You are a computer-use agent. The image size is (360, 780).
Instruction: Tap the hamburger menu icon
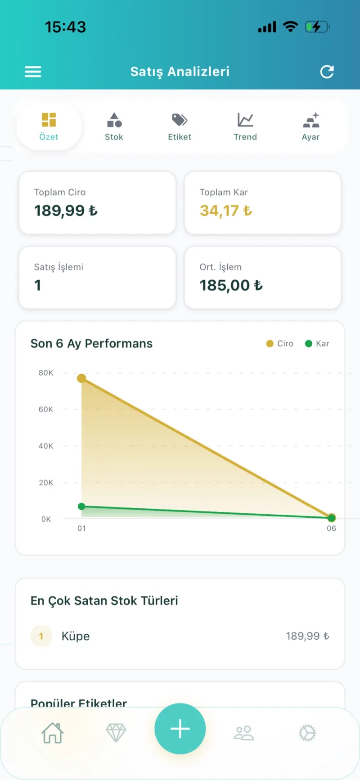point(33,72)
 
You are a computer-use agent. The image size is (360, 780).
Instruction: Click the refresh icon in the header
point(327,72)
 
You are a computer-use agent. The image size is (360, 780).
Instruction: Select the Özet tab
point(49,127)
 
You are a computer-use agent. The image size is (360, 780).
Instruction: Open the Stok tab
point(114,127)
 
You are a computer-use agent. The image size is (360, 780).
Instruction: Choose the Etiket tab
point(180,127)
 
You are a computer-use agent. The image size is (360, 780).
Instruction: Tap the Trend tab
point(245,127)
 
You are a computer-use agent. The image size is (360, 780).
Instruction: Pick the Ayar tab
point(311,127)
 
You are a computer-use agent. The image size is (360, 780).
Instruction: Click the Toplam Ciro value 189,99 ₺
point(66,211)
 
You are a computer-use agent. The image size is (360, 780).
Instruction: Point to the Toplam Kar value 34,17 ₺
point(226,211)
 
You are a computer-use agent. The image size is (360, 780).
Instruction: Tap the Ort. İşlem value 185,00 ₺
point(231,285)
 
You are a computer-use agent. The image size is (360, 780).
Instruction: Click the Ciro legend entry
point(280,344)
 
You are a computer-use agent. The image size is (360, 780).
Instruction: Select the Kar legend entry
point(317,344)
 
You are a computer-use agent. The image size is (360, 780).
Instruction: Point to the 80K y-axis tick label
point(46,373)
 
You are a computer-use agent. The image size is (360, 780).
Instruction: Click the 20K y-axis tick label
point(46,483)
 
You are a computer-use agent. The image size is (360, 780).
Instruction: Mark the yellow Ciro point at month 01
point(81,378)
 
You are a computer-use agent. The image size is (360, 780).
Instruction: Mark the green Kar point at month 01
point(81,507)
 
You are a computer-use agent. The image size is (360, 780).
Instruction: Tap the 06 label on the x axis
point(332,529)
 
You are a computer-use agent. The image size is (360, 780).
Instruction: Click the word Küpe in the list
point(76,636)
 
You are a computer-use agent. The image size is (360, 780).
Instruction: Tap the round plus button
point(180,729)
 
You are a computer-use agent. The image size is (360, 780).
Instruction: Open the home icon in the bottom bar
point(53,733)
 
